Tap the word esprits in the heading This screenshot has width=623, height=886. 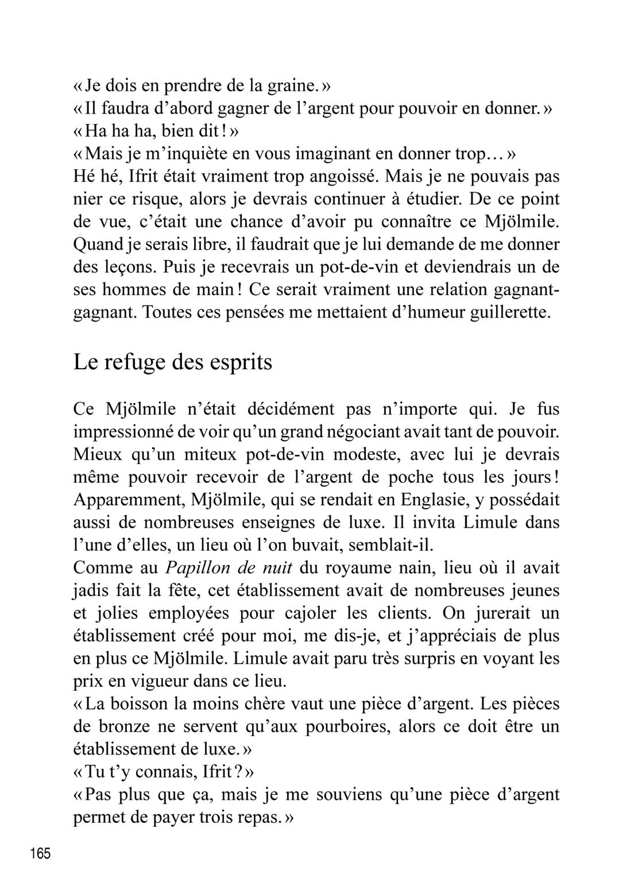241,363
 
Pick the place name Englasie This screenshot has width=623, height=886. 432,500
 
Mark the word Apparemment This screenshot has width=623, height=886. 128,500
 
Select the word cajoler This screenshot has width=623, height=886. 310,613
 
